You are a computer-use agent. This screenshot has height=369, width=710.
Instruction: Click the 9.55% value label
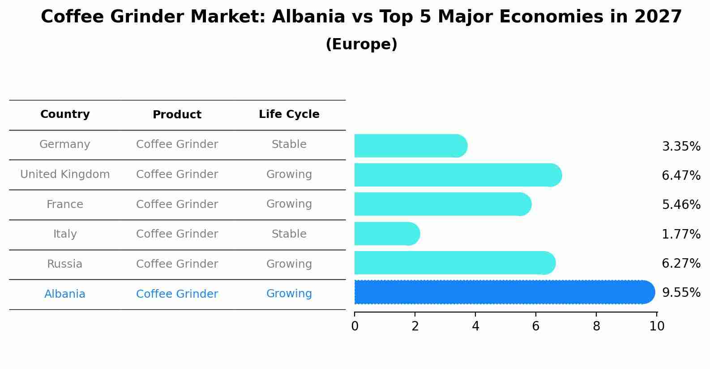pyautogui.click(x=681, y=292)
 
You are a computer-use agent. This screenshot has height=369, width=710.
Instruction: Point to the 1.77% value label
pyautogui.click(x=681, y=234)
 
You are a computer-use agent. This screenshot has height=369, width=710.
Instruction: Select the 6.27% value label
pyautogui.click(x=681, y=263)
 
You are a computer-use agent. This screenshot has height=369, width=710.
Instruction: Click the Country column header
pyautogui.click(x=65, y=114)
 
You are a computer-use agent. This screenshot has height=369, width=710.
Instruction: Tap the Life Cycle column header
pyautogui.click(x=289, y=114)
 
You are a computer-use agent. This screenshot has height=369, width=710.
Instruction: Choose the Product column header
pyautogui.click(x=177, y=115)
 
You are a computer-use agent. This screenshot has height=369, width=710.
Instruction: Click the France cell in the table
pyautogui.click(x=65, y=204)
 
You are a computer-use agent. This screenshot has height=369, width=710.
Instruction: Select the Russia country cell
pyautogui.click(x=65, y=264)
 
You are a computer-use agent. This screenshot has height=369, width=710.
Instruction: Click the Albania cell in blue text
pyautogui.click(x=65, y=294)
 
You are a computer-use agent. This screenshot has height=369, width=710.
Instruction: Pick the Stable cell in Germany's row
pyautogui.click(x=289, y=144)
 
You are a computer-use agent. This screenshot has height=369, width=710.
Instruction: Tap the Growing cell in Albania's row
pyautogui.click(x=289, y=294)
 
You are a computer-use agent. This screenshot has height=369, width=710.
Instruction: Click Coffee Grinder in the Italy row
pyautogui.click(x=177, y=234)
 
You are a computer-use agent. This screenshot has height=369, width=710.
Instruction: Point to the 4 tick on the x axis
pyautogui.click(x=475, y=326)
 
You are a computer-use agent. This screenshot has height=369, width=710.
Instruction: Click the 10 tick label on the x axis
pyautogui.click(x=657, y=326)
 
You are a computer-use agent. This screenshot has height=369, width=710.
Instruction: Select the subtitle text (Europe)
pyautogui.click(x=361, y=44)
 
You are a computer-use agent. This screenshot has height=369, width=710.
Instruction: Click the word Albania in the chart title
pyautogui.click(x=308, y=17)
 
